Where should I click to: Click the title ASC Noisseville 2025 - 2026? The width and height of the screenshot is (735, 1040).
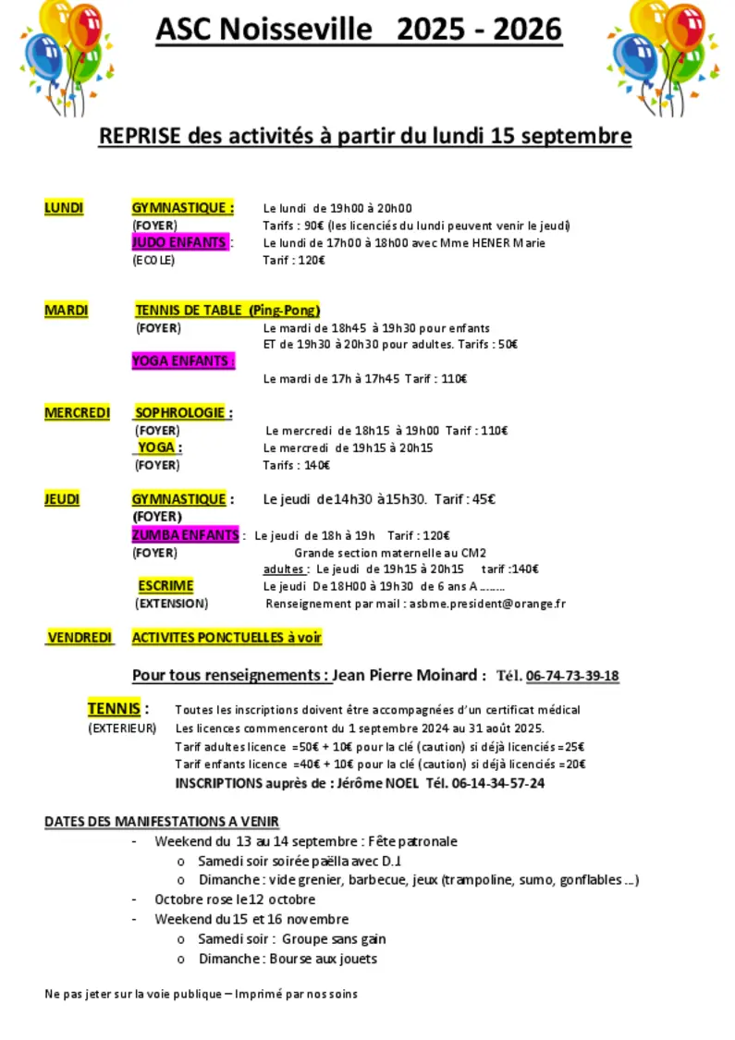(358, 30)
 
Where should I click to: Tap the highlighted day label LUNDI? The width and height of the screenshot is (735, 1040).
(64, 208)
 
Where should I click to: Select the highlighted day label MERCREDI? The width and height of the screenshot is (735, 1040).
(77, 413)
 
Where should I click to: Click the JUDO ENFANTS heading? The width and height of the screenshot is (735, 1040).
(179, 243)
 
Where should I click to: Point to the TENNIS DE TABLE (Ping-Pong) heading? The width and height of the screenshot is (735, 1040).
(227, 311)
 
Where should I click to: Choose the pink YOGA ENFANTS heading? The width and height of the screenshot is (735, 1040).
(182, 361)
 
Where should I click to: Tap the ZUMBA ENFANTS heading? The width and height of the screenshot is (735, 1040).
(185, 535)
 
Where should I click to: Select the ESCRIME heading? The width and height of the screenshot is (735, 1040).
(165, 586)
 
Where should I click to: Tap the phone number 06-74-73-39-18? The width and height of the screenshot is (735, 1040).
(572, 676)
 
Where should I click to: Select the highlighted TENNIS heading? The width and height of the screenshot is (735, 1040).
(115, 709)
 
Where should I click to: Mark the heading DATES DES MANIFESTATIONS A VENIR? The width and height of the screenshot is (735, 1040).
(162, 821)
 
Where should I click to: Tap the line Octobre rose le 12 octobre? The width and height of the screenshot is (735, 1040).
(235, 899)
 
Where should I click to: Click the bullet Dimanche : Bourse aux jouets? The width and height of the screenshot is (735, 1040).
(288, 959)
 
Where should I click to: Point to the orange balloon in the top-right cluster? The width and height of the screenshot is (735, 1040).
(685, 28)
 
